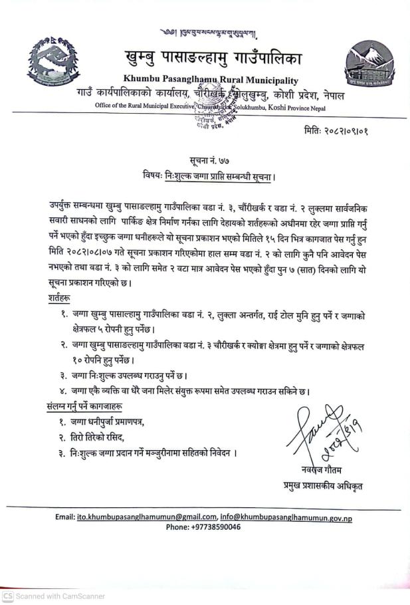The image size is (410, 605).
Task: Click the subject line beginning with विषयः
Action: pyautogui.click(x=209, y=176)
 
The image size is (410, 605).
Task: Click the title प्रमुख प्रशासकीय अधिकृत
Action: pyautogui.click(x=322, y=486)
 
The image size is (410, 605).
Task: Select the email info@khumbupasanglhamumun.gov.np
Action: pyautogui.click(x=286, y=517)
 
